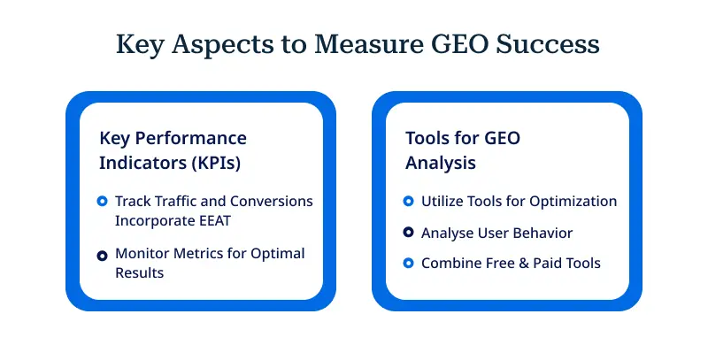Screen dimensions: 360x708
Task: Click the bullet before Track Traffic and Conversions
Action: pyautogui.click(x=103, y=202)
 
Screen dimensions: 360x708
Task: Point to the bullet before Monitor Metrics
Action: pyautogui.click(x=103, y=254)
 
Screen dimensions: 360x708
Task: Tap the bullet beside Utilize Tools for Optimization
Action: pyautogui.click(x=408, y=202)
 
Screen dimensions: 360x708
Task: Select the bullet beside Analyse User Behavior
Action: pyautogui.click(x=408, y=233)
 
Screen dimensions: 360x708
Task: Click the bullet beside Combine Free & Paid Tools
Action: pyautogui.click(x=408, y=264)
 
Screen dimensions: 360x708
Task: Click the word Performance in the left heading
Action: pyautogui.click(x=195, y=139)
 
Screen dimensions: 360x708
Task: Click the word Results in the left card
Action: pyautogui.click(x=140, y=274)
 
